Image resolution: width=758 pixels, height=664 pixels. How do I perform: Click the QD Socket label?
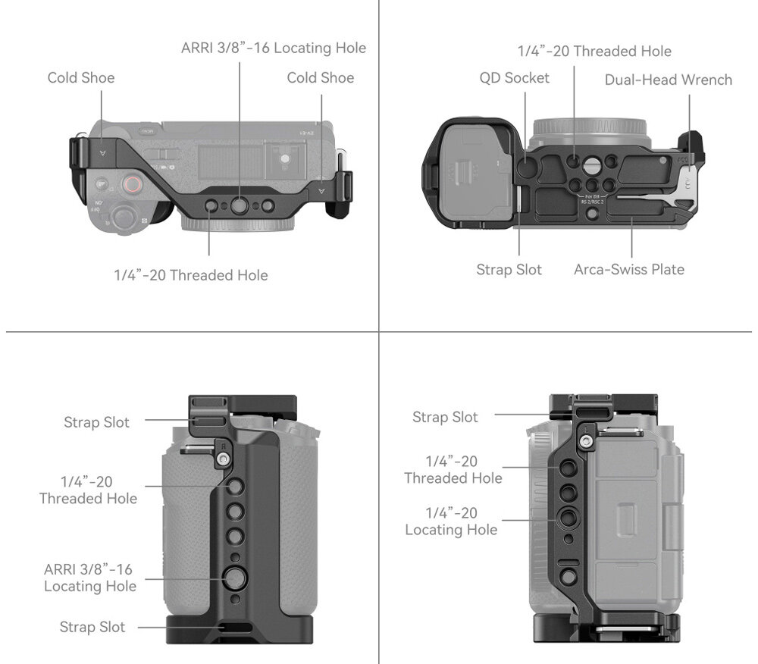click(x=514, y=77)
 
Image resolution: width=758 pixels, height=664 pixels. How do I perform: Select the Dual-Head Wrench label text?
click(x=668, y=80)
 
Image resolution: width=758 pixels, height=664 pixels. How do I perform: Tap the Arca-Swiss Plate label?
click(x=628, y=269)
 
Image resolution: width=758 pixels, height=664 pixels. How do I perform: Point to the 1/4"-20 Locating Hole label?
click(x=451, y=521)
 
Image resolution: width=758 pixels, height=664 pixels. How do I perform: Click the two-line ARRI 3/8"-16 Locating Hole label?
click(x=90, y=578)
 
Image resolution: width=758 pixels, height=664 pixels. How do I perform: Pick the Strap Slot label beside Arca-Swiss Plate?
click(x=509, y=269)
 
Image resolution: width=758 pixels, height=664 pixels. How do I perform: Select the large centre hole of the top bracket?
click(x=240, y=205)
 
